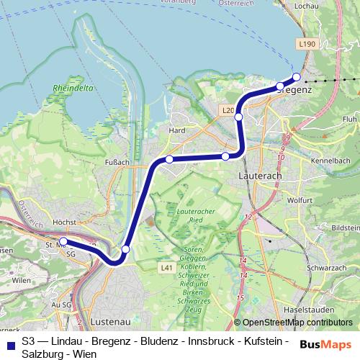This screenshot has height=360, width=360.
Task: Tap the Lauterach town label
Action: click(x=260, y=175)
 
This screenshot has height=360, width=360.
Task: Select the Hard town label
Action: click(x=176, y=131)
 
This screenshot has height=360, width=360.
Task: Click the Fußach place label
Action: click(x=117, y=162)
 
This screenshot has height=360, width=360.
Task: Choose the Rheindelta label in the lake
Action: click(x=68, y=89)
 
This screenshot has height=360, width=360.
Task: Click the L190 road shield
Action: click(x=307, y=45)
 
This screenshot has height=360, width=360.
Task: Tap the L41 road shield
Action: click(x=166, y=267)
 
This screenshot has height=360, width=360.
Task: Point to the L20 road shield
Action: click(x=228, y=110)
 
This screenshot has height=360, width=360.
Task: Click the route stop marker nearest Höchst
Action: click(x=63, y=242)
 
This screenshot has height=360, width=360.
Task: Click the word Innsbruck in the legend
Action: click(x=197, y=341)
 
